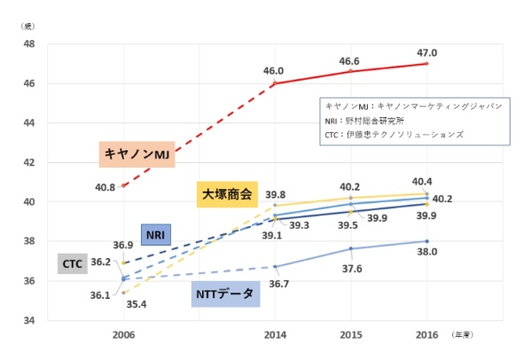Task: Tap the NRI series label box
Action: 155,235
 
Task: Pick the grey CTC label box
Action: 73,263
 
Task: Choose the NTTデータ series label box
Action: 226,293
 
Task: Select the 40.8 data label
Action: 106,187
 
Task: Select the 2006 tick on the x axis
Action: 123,335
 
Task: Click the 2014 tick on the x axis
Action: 275,335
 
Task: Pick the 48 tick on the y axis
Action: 28,44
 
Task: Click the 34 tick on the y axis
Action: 28,320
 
